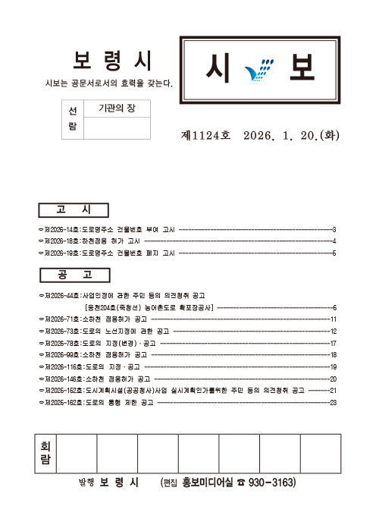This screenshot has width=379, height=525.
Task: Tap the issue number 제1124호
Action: point(205,137)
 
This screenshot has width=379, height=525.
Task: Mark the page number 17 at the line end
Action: point(333,344)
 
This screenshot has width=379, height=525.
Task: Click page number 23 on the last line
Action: point(333,402)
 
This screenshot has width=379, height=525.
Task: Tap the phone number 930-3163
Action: point(271,483)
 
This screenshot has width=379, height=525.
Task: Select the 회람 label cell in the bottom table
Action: point(45,453)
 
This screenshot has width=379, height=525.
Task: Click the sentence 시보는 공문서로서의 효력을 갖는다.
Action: point(109,83)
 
